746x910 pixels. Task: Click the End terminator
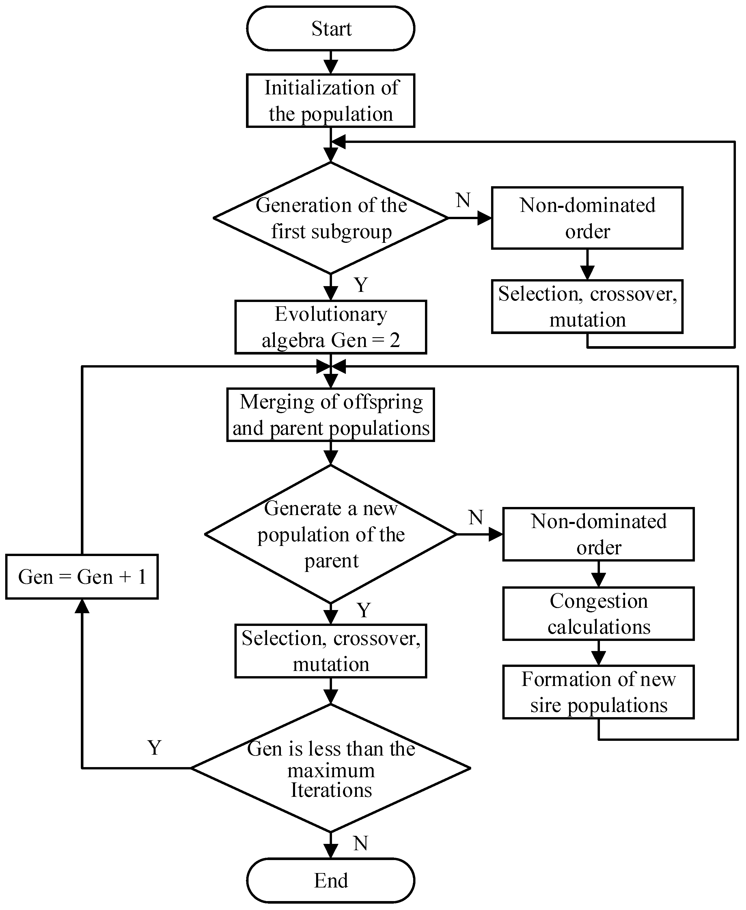click(x=331, y=880)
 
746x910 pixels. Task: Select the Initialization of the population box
click(x=331, y=100)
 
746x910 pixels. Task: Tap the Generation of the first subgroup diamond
click(x=331, y=218)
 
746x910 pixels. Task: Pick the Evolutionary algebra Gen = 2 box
click(x=331, y=327)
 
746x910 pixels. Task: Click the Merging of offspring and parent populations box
click(x=331, y=415)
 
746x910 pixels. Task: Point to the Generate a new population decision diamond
click(x=331, y=534)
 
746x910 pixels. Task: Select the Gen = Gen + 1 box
click(x=82, y=577)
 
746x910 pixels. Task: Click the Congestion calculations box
click(x=598, y=613)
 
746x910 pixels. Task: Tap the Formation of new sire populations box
click(x=598, y=692)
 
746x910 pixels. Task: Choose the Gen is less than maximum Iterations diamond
click(x=331, y=768)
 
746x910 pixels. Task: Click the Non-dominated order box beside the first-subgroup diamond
click(x=587, y=218)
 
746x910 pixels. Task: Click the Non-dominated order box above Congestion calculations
click(x=598, y=534)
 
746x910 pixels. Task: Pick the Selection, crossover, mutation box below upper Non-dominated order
click(x=587, y=306)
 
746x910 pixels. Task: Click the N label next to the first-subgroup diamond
click(x=463, y=200)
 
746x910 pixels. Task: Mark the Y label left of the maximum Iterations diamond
click(x=154, y=748)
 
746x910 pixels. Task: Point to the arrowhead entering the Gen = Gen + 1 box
click(x=82, y=606)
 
